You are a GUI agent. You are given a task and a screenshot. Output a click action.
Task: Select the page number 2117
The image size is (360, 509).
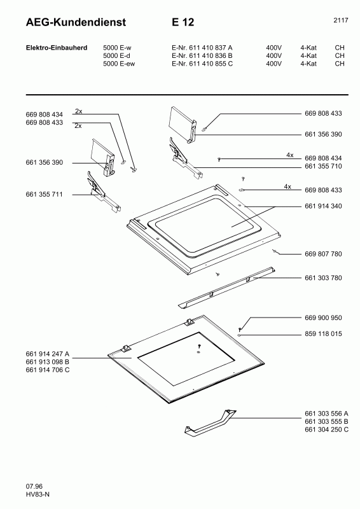pyautogui.click(x=340, y=20)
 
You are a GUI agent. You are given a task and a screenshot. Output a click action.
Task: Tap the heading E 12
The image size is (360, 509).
pyautogui.click(x=183, y=22)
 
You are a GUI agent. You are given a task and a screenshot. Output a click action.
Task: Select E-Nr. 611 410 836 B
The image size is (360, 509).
pyautogui.click(x=202, y=56)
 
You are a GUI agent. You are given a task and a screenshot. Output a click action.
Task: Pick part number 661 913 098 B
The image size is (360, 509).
pyautogui.click(x=48, y=362)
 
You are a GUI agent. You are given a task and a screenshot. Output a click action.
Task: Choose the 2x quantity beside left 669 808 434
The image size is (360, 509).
pyautogui.click(x=79, y=111)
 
